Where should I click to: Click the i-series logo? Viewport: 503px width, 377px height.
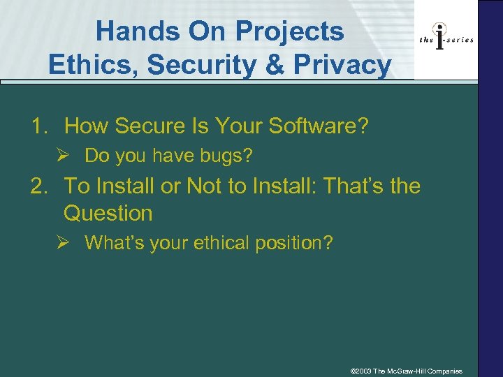(446, 39)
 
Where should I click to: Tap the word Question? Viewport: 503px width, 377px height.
(108, 213)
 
